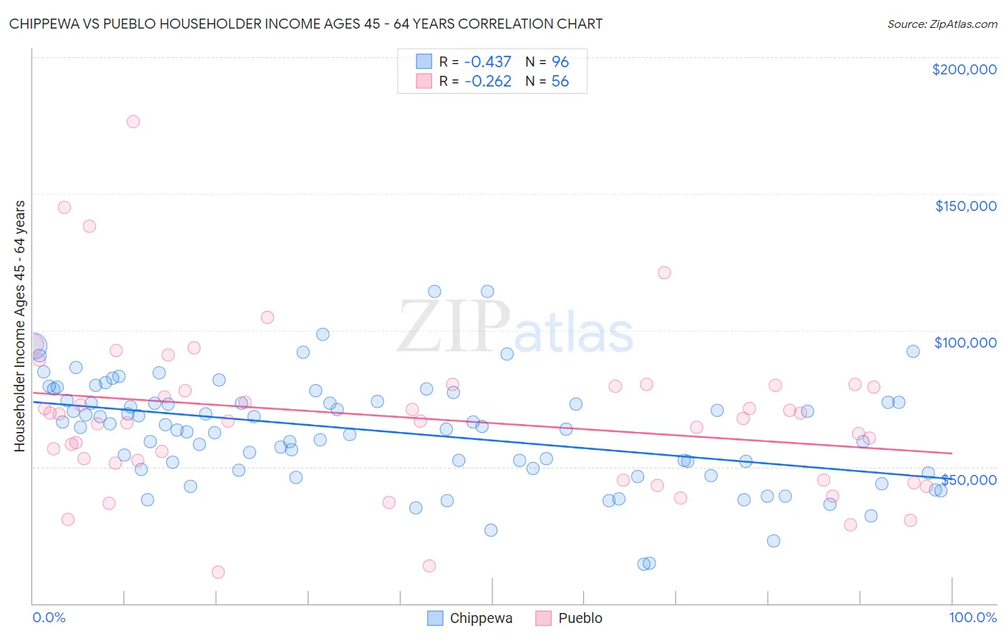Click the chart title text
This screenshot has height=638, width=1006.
coord(306,24)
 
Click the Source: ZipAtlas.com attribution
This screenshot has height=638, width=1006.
coord(942,24)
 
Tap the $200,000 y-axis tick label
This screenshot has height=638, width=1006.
coord(964,69)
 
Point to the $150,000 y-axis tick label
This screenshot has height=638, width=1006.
coord(965,206)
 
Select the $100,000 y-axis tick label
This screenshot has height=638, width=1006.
coord(965,343)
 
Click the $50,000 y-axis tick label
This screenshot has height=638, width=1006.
coord(969,480)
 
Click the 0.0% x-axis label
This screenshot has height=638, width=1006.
coord(49,617)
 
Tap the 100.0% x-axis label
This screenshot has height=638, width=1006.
coord(972,617)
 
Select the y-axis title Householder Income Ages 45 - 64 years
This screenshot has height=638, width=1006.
coord(19,326)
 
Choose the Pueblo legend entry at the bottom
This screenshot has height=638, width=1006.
coord(569,618)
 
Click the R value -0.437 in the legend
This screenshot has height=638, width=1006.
coord(488,62)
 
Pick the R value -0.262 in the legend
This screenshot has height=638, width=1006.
coord(488,82)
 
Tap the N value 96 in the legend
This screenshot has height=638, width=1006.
coord(560,62)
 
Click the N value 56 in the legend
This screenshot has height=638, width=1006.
coord(560,82)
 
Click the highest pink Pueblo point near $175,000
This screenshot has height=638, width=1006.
coord(133,122)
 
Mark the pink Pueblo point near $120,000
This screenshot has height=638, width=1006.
coord(664,273)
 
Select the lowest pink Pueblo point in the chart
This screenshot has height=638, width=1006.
coord(218,572)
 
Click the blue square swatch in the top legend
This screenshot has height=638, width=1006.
coord(424,62)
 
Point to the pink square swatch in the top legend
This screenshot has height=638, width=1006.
coord(424,82)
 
